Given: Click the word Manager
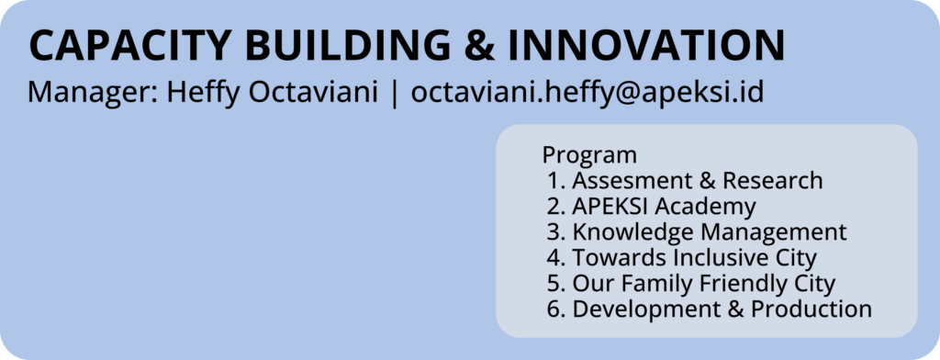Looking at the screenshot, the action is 93,93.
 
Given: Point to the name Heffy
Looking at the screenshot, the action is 203,94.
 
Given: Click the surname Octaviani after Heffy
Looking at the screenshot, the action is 313,93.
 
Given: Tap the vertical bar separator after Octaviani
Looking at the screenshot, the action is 394,94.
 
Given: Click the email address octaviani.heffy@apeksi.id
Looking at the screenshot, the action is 587,94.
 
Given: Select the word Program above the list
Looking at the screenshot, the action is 589,155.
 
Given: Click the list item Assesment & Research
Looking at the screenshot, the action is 698,180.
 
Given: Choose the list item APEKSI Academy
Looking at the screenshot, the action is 665,207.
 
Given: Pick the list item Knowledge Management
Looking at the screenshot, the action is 710,232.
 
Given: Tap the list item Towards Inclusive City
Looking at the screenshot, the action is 695,258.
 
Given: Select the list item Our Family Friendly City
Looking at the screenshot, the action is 704,284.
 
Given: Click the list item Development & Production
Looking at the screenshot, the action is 722,309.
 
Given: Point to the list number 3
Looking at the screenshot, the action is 553,232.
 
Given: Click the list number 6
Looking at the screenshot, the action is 553,309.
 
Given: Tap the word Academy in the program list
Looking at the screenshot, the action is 705,207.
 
